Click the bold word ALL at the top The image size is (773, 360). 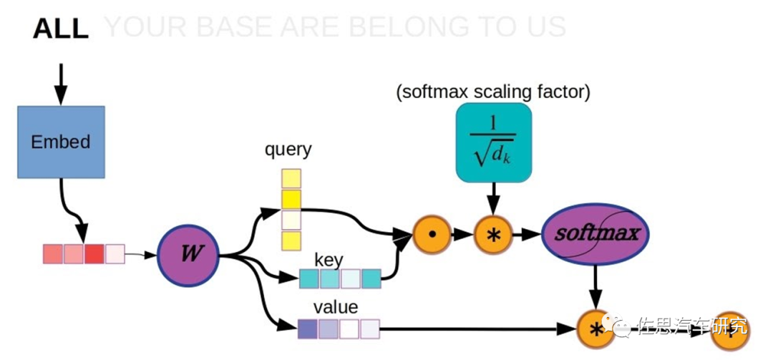coord(61,29)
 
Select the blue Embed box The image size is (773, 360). coord(61,142)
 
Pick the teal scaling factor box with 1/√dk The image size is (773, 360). coord(493,141)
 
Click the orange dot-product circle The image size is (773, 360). coord(432,234)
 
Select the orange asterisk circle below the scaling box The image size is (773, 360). coord(493,234)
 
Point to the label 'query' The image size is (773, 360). coord(288,150)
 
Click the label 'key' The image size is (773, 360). coord(329,259)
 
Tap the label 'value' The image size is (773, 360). coord(336,307)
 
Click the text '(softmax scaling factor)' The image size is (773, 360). coord(493,92)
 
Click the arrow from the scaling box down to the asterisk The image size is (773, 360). coord(493,197)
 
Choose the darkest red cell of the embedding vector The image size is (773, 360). coord(94,254)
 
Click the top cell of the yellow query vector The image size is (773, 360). coord(291,178)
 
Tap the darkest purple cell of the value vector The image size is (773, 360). coord(307,329)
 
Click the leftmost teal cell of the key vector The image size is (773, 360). coord(309,278)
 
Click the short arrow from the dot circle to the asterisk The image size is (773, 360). coord(463,234)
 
